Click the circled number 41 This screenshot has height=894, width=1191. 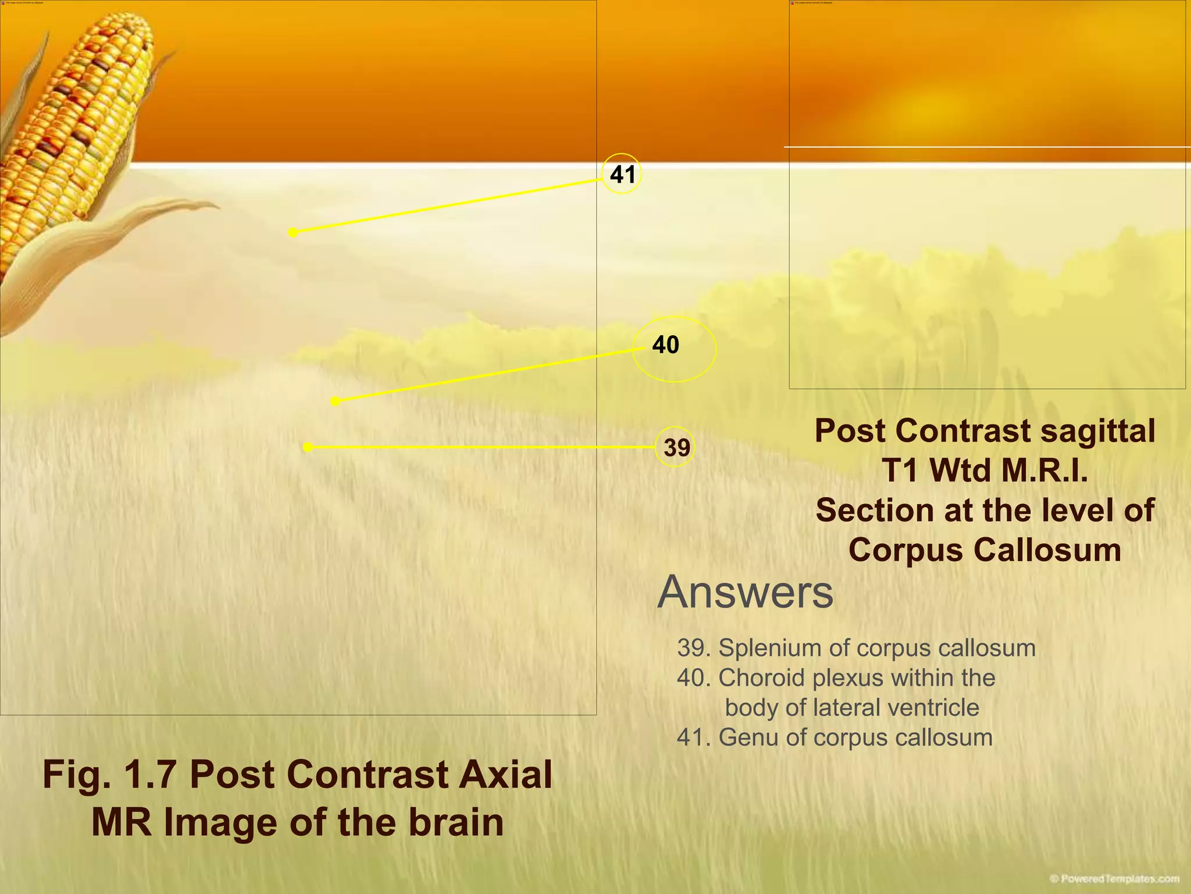click(x=622, y=174)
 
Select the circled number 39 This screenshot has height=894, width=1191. click(x=675, y=448)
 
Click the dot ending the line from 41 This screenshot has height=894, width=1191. click(x=293, y=233)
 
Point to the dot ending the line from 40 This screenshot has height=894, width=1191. click(x=335, y=401)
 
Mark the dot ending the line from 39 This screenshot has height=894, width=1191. click(x=308, y=447)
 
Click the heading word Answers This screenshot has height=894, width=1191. click(x=745, y=592)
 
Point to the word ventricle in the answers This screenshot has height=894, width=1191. click(x=939, y=708)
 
